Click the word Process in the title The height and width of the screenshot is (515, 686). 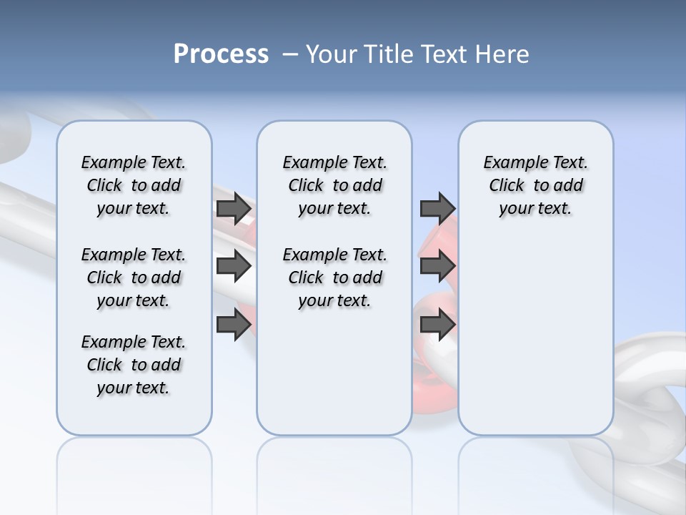pos(221,54)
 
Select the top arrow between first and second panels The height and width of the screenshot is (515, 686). pos(234,209)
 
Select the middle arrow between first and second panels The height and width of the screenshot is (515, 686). pos(234,267)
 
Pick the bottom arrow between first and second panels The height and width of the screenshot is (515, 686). pos(234,325)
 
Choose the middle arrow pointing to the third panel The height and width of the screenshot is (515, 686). pos(437,267)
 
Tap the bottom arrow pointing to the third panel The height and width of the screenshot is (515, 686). pos(437,325)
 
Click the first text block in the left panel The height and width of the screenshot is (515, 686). pos(134,185)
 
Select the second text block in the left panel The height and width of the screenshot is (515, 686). pos(134,278)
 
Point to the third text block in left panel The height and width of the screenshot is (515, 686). pos(134,365)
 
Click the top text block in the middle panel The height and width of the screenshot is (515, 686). pos(334,185)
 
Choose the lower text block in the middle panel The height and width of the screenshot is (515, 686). pos(334,278)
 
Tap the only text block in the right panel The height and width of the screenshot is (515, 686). pos(535,185)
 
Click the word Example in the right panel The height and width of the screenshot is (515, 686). pos(509,163)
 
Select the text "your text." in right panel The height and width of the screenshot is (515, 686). pos(535,208)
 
